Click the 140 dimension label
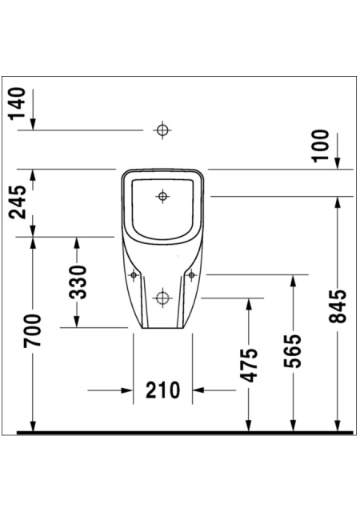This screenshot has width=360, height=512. [18, 103]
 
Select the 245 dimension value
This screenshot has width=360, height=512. [18, 202]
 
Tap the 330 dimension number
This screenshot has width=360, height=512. [78, 282]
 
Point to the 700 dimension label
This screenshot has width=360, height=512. [32, 330]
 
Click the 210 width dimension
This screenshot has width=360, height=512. [162, 390]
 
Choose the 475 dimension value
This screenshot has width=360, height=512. [249, 365]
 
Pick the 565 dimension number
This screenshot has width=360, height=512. [293, 350]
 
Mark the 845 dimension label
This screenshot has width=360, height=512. [338, 306]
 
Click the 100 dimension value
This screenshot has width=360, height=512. [321, 146]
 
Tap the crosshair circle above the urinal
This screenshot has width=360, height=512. [162, 130]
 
